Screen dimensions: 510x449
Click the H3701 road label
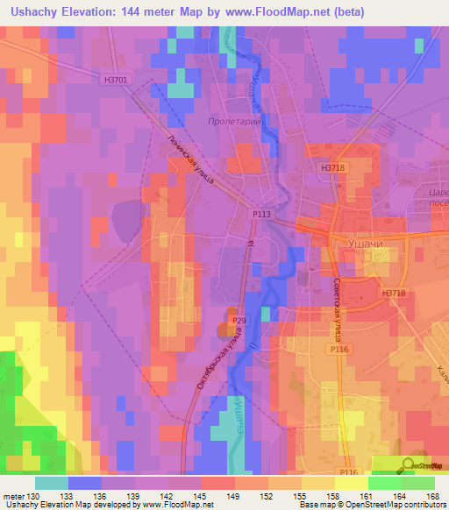(x=115, y=80)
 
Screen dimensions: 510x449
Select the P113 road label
(x=261, y=213)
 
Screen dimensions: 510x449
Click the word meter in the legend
(x=12, y=495)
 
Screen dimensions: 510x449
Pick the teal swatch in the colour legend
(x=52, y=483)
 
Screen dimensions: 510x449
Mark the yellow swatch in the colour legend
(x=352, y=483)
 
